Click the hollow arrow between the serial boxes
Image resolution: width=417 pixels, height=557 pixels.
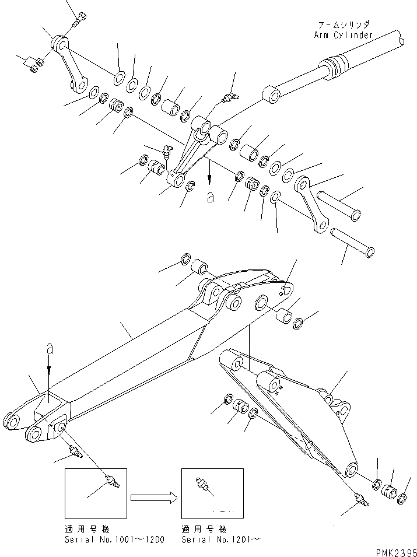coord(153,498)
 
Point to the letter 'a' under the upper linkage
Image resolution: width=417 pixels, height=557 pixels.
coord(210,198)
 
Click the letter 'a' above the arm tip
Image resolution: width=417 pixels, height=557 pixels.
coord(50,349)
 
